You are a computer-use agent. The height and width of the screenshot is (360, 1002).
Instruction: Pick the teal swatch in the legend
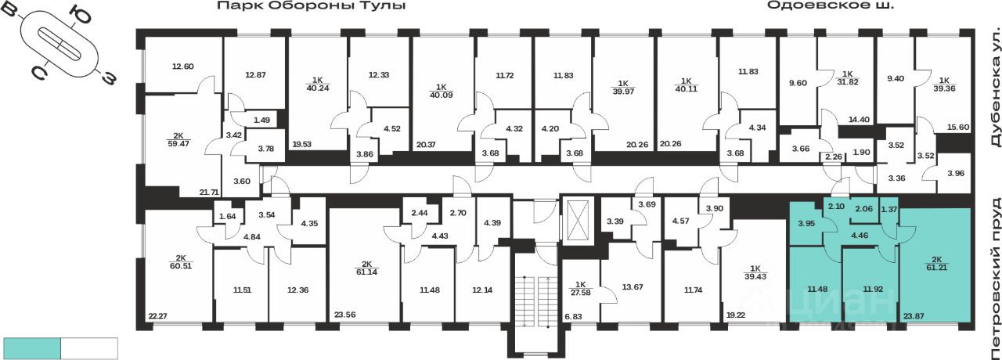tap(32, 348)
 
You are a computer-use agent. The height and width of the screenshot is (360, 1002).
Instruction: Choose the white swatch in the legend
tap(88, 348)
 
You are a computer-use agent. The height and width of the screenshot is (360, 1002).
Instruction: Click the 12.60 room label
tap(182, 66)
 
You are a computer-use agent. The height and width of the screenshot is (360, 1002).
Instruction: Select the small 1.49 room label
tap(261, 119)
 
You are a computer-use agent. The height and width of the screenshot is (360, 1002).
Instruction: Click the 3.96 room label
tap(956, 172)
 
